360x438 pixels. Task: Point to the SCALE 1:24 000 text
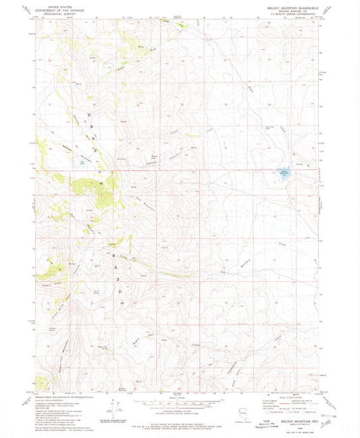pos(179,397)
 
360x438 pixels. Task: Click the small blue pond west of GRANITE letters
pos(82,161)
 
